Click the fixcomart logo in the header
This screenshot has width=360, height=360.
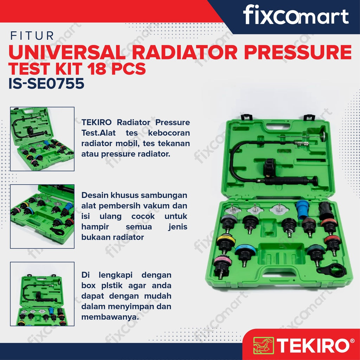(x=296, y=15)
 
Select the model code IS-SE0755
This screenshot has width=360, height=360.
(x=46, y=83)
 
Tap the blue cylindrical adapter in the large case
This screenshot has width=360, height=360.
(x=302, y=210)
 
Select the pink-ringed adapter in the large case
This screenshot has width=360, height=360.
(x=222, y=266)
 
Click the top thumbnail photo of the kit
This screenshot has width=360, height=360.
(x=42, y=139)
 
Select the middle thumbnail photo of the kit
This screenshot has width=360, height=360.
(x=42, y=216)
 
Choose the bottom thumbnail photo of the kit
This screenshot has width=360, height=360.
(x=42, y=294)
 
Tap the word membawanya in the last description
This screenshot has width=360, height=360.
(x=110, y=317)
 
